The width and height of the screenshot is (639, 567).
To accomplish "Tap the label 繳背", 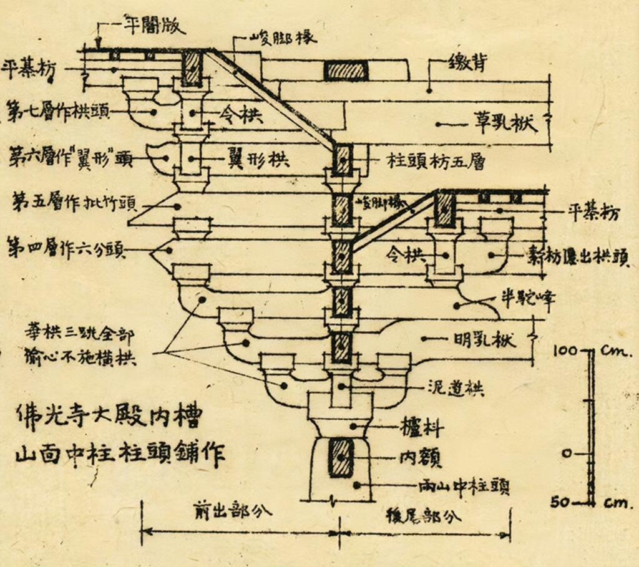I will coord(467,63).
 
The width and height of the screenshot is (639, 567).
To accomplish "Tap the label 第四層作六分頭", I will coord(66,250).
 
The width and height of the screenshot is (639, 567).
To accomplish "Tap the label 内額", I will coord(421,460).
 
